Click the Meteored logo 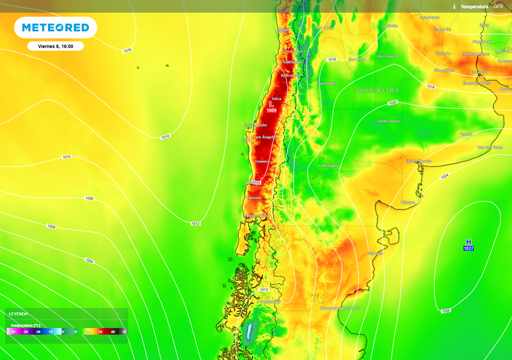point(55,27)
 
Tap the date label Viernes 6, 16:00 point(55,46)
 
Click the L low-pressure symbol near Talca point(271,103)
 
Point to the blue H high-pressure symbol point(468,242)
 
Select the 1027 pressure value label point(468,248)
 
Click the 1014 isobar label point(165,136)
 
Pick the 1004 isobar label point(89,260)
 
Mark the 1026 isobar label point(445,310)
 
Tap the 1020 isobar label point(392,102)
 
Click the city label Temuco point(262,161)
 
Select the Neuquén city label point(331,165)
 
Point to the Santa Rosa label point(388,121)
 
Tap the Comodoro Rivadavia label point(339,308)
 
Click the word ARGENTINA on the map point(377,90)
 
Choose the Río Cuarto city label point(387,56)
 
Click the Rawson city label point(375,253)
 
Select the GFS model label point(498,6)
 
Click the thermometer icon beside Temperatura point(454,6)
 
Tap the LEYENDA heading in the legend point(18,314)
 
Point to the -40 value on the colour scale point(13,331)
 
